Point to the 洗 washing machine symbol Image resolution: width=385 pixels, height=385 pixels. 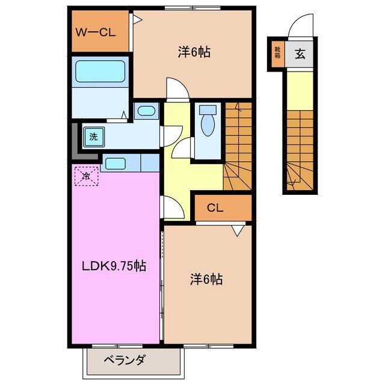click(93, 137)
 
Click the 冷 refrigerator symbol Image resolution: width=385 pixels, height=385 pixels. click(86, 176)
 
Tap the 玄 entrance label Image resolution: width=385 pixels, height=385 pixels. click(300, 54)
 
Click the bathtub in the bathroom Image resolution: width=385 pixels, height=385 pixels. click(100, 72)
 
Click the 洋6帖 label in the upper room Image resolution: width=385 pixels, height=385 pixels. click(194, 52)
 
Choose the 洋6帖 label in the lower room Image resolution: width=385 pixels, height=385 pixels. click(207, 279)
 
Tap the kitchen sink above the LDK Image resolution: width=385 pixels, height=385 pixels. click(114, 163)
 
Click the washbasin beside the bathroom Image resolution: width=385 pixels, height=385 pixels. click(144, 111)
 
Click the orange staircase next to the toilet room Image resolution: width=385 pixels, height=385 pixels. click(237, 144)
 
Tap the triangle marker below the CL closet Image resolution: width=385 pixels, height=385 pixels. click(238, 229)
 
